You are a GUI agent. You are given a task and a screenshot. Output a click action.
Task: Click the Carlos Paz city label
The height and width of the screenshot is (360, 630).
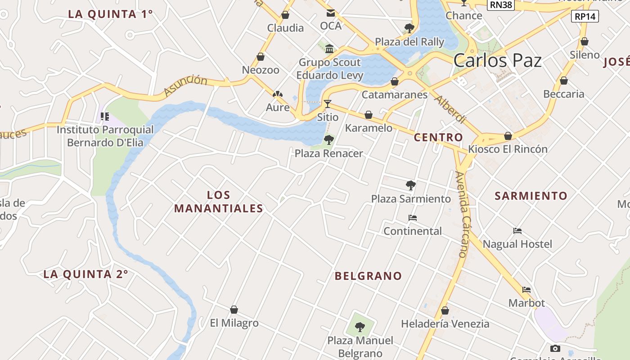point(497,60)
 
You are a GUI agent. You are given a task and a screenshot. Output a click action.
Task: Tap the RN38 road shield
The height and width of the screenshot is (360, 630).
point(501,4)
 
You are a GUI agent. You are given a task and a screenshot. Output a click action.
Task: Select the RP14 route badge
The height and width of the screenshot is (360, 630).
point(585,17)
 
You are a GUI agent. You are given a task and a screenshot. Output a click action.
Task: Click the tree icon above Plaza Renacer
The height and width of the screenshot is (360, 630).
point(328,139)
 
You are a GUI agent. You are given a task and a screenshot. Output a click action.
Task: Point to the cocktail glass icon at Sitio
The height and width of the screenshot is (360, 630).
point(328,104)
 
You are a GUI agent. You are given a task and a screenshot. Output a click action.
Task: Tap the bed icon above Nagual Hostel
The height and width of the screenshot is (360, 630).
point(517,231)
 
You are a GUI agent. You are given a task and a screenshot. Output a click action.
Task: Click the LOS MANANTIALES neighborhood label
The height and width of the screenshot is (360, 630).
point(219,202)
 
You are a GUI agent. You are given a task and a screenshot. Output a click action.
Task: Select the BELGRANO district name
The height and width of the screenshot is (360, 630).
point(368,276)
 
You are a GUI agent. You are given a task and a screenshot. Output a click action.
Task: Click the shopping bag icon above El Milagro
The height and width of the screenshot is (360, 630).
point(234,310)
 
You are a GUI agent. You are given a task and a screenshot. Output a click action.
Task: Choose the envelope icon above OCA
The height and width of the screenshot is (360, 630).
point(331,13)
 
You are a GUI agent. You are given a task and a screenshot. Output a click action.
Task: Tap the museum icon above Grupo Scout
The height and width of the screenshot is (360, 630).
point(329,49)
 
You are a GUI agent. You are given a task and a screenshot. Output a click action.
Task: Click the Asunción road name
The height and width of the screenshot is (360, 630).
point(185,85)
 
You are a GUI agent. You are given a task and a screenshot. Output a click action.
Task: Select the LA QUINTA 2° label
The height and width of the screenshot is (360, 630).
point(86,274)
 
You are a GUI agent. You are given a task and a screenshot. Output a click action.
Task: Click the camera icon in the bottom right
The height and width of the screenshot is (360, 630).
point(555,348)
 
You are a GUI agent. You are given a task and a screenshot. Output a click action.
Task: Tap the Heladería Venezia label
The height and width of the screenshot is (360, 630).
point(445,324)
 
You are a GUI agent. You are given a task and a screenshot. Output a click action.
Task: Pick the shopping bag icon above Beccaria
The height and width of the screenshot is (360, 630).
point(563,81)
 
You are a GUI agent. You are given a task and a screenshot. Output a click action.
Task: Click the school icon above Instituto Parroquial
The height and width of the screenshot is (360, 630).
point(105,117)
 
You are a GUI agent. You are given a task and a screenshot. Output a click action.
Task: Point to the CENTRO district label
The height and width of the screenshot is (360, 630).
point(438,137)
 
